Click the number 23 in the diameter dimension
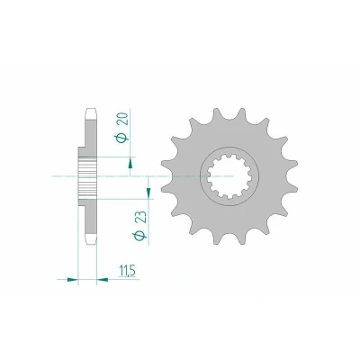(141, 217)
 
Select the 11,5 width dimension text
(127, 271)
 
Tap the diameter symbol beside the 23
(141, 236)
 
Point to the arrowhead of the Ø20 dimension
(130, 164)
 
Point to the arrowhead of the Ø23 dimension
(148, 193)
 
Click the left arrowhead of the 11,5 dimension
(72, 280)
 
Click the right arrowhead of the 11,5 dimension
(103, 280)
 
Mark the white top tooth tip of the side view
(91, 113)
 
